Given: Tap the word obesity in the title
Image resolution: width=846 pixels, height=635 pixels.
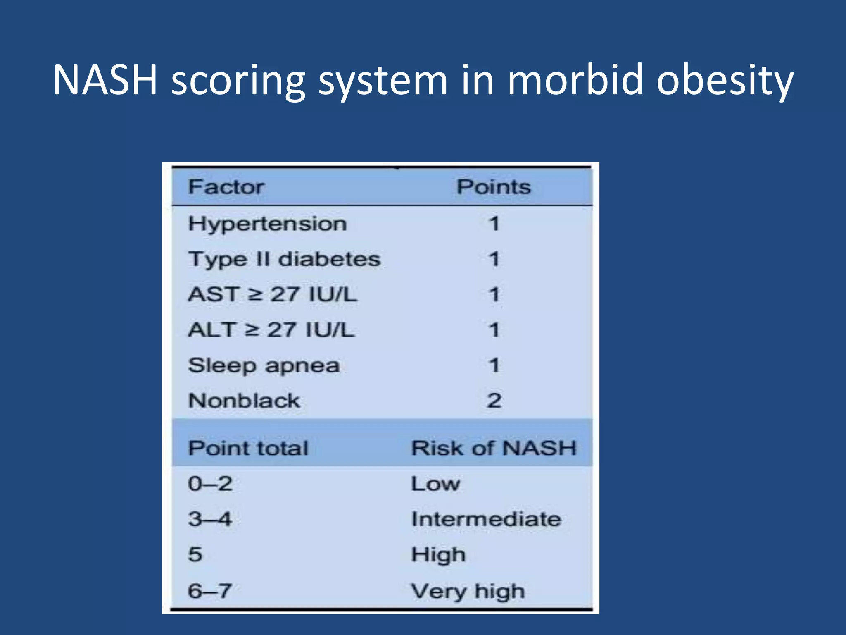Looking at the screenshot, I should click(725, 81).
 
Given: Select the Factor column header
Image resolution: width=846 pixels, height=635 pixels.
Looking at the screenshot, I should click(226, 187).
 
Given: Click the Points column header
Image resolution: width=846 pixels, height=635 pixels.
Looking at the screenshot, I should click(494, 187).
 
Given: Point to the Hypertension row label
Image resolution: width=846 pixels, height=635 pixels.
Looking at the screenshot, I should click(267, 224).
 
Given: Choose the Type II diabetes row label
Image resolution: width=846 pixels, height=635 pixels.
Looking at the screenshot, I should click(284, 260).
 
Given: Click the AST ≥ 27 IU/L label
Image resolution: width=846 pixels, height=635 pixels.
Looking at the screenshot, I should click(272, 295).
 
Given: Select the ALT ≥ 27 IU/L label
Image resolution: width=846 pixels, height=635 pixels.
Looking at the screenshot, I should click(271, 330).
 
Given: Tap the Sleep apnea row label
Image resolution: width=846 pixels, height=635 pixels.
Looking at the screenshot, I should click(264, 366).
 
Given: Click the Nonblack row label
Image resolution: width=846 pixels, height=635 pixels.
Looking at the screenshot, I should click(244, 401).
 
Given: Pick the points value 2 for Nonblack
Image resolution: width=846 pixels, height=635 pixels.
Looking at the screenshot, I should click(494, 401).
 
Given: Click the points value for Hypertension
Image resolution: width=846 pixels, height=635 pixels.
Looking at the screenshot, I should click(494, 224).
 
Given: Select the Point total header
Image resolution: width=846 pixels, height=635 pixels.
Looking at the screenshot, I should click(248, 448).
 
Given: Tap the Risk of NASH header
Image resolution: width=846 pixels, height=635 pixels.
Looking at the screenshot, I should click(494, 448).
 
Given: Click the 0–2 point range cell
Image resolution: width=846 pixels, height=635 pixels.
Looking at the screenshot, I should click(210, 484).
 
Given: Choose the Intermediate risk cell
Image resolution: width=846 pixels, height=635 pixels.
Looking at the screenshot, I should click(487, 519).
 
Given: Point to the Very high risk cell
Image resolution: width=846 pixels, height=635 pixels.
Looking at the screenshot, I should click(468, 591).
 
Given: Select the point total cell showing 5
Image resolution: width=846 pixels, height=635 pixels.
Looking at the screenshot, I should click(195, 554).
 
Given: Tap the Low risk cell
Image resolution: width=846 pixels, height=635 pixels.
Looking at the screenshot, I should click(435, 484).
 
